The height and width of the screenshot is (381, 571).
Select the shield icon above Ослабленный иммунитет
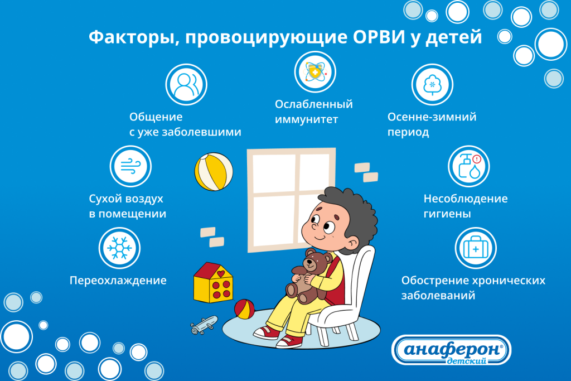(315, 72)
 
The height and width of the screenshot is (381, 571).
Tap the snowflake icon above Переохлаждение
(119, 248)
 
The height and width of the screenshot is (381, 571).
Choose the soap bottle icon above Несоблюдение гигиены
(469, 166)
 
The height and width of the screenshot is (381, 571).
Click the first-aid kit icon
(476, 248)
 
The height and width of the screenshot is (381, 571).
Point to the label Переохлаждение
(118, 280)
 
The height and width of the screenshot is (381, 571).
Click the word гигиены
(447, 214)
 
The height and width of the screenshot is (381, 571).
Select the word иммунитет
(307, 119)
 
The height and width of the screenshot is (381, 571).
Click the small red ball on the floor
(244, 309)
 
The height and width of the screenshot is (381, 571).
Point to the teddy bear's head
(316, 261)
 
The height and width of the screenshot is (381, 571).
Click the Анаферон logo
(452, 350)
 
